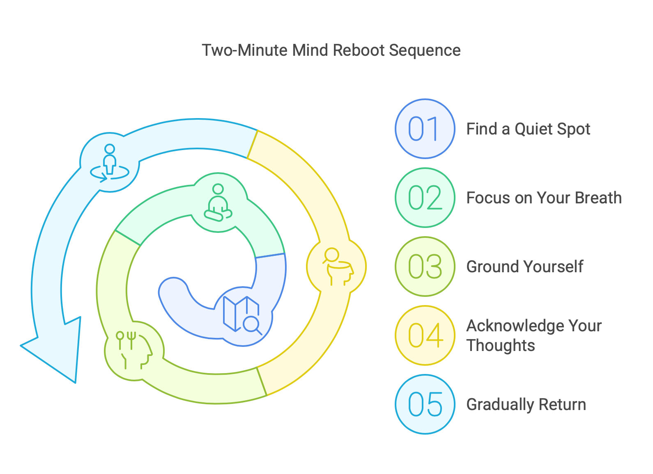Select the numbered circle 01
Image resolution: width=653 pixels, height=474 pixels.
tap(425, 129)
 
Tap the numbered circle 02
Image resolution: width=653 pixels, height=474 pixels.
tap(425, 198)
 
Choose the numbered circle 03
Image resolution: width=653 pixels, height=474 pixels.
tap(425, 267)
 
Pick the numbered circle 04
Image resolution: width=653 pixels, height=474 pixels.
tap(425, 335)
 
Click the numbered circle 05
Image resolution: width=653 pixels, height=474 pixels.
tap(425, 404)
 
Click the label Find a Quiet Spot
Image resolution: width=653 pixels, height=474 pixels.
tap(528, 129)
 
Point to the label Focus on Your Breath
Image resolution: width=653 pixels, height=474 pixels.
tap(544, 198)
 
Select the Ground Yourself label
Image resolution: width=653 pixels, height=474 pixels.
tap(524, 267)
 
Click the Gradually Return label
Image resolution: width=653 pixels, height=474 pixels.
tap(526, 405)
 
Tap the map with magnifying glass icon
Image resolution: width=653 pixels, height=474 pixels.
tap(241, 315)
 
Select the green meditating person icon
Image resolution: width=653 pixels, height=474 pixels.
tap(218, 203)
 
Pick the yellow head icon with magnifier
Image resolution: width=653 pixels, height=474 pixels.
tap(337, 266)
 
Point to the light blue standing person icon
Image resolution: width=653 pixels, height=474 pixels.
tap(110, 162)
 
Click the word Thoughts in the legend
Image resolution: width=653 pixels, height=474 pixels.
tap(501, 346)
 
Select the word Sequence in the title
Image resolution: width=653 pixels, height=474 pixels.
tap(425, 50)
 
